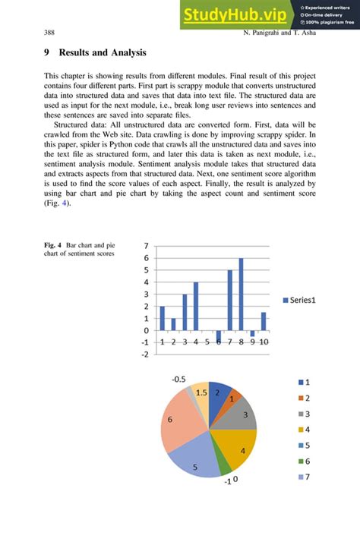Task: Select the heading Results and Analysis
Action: click(95, 53)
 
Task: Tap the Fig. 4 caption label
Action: click(52, 246)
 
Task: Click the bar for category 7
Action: click(229, 300)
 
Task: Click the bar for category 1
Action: click(162, 318)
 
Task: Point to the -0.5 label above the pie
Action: click(178, 378)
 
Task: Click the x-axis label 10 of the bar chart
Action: click(263, 342)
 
